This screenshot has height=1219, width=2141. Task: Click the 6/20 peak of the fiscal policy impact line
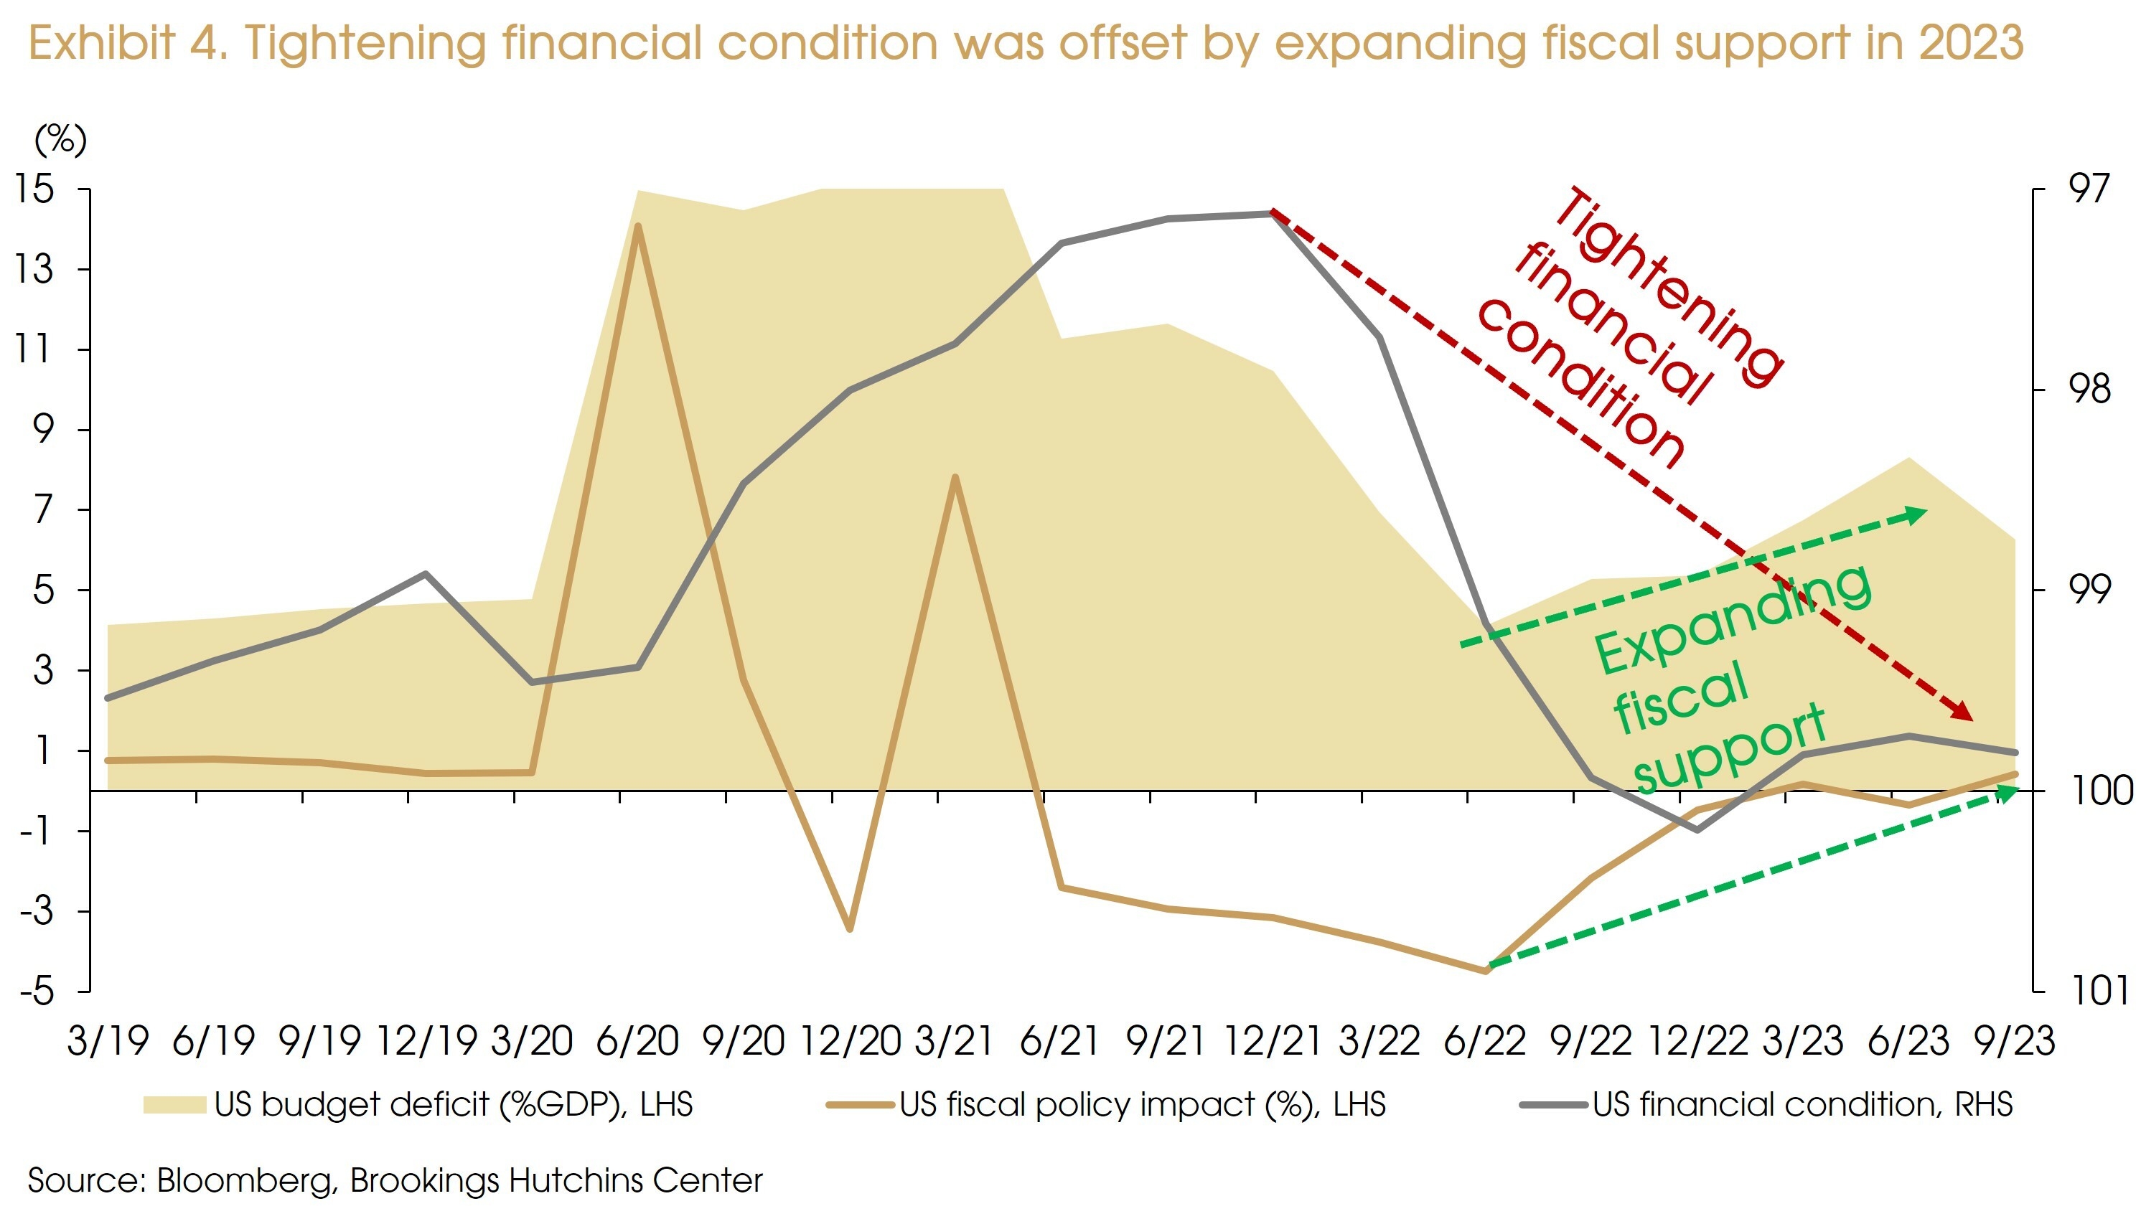click(x=638, y=226)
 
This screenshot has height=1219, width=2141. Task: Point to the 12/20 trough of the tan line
click(x=850, y=928)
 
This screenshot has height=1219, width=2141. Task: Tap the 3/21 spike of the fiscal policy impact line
click(x=955, y=477)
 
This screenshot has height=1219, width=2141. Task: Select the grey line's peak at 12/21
click(x=1272, y=214)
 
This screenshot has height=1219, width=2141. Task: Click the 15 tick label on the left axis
click(x=34, y=189)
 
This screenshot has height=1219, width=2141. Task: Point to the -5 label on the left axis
click(x=37, y=992)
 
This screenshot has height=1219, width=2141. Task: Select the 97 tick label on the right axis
click(x=2090, y=189)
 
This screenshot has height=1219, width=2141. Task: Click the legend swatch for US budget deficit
click(x=174, y=1105)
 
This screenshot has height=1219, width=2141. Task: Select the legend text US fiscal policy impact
click(x=1142, y=1105)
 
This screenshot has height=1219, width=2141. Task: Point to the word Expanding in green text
click(x=1733, y=620)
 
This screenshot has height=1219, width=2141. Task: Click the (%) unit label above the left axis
click(x=60, y=139)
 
